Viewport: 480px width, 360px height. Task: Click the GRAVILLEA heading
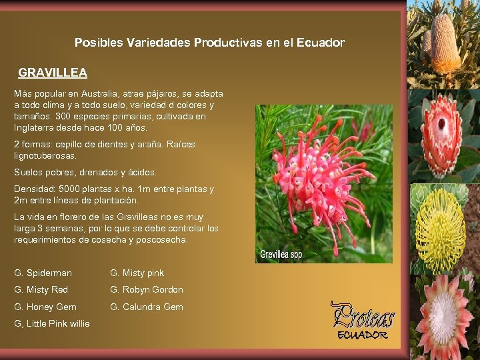53,72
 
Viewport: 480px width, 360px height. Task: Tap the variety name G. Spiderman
43,273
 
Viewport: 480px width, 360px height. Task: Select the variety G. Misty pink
137,273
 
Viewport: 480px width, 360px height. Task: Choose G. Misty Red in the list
41,289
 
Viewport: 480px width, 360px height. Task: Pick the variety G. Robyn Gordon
146,289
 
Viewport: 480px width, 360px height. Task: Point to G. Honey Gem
45,307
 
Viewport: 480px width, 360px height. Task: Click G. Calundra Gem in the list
146,307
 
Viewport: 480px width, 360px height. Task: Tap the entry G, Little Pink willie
51,324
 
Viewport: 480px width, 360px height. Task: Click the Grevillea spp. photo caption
282,254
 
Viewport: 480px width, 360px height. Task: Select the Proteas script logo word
363,315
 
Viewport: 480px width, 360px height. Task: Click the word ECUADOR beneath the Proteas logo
363,334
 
